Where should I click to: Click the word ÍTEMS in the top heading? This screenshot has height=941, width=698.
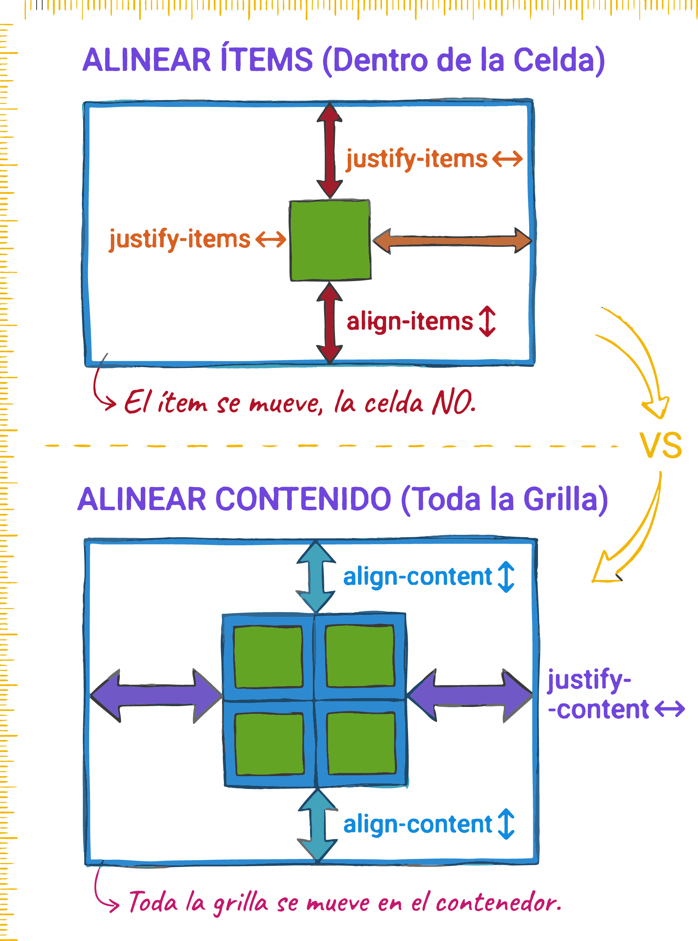tap(267, 60)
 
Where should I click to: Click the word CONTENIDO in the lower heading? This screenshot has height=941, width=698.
tap(303, 499)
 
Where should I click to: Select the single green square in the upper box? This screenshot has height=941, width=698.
tap(330, 240)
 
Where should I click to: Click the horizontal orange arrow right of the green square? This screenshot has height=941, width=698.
tap(452, 241)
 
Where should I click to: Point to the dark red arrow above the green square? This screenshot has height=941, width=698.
tap(330, 150)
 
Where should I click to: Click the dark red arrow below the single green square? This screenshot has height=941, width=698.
tap(330, 323)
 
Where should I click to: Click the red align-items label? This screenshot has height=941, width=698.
tap(409, 322)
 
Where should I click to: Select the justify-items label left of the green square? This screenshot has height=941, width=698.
tap(180, 239)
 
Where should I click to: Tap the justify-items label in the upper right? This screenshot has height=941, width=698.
tap(417, 159)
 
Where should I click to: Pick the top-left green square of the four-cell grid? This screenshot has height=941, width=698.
tap(268, 657)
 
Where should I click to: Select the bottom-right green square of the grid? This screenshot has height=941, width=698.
tap(361, 743)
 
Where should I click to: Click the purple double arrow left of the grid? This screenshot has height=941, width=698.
tap(156, 696)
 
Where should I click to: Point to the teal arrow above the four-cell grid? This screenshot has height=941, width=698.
tap(316, 577)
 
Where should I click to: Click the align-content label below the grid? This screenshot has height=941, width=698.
tap(418, 824)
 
